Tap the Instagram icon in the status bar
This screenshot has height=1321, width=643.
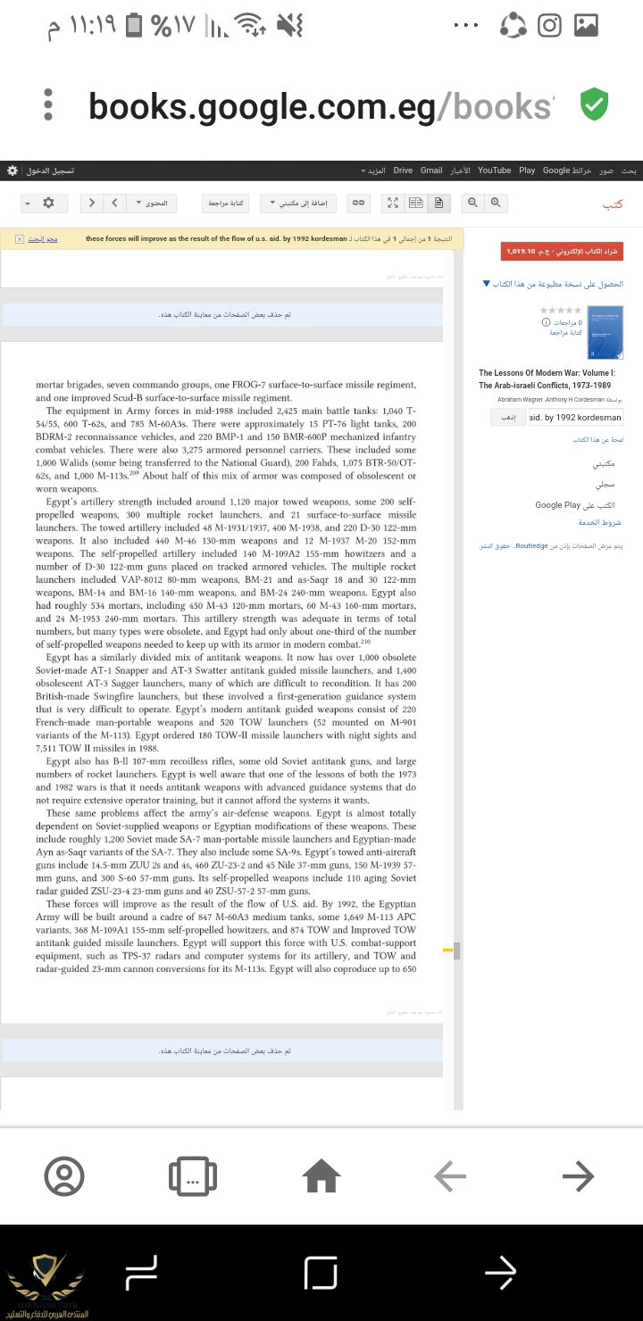pyautogui.click(x=550, y=26)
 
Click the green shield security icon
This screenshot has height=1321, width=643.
pyautogui.click(x=594, y=105)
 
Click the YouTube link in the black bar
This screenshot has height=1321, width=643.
pyautogui.click(x=494, y=170)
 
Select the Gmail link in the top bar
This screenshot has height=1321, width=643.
pyautogui.click(x=431, y=170)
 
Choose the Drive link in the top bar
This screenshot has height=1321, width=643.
pyautogui.click(x=403, y=170)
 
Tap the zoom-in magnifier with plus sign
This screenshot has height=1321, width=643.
pyautogui.click(x=497, y=204)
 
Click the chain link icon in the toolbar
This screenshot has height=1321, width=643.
pyautogui.click(x=357, y=204)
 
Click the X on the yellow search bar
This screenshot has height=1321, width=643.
pyautogui.click(x=20, y=239)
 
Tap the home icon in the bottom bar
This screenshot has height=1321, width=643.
pyautogui.click(x=321, y=1176)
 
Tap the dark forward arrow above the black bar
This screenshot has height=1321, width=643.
pyautogui.click(x=578, y=1176)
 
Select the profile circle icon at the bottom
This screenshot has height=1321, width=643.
pyautogui.click(x=64, y=1176)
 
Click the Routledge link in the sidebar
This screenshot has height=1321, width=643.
pyautogui.click(x=532, y=544)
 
